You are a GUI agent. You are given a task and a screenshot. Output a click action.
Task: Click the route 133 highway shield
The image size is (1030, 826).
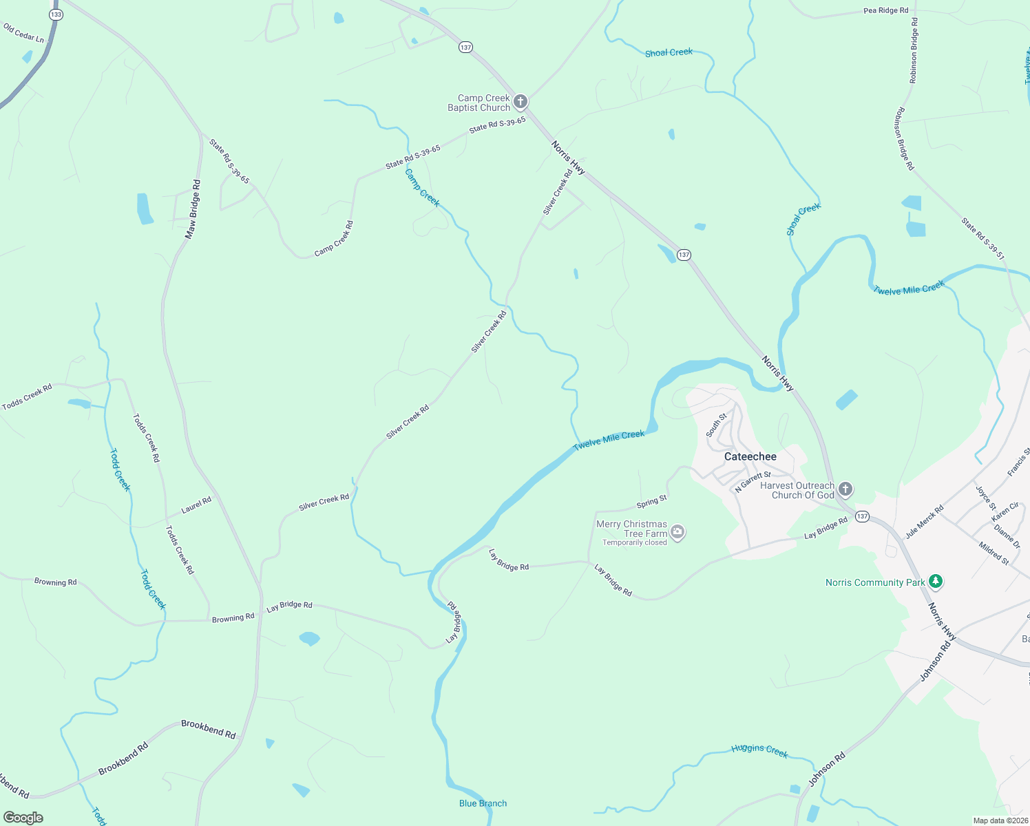[56, 14]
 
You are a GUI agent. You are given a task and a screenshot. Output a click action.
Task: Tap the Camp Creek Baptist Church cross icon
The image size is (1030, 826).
[521, 102]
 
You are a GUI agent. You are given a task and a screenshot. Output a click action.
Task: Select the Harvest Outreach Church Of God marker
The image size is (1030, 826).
[845, 489]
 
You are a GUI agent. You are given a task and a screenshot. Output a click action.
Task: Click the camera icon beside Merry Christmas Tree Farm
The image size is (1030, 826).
[677, 531]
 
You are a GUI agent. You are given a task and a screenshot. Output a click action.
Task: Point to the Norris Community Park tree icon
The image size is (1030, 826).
[935, 582]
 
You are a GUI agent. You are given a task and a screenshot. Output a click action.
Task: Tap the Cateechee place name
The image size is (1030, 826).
[750, 456]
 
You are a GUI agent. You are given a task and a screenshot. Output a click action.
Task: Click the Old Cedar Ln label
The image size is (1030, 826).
[23, 33]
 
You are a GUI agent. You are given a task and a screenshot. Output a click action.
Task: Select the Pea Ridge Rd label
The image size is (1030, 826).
[886, 10]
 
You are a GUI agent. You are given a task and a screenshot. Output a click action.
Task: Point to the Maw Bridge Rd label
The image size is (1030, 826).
[193, 209]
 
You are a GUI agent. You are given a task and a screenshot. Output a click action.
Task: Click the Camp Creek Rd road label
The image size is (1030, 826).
[334, 239]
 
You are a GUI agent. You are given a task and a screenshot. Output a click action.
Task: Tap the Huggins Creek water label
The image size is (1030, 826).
[759, 750]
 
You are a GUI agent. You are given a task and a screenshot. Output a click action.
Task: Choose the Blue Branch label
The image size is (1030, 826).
[483, 803]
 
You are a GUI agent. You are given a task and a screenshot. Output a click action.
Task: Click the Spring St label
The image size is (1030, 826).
[651, 500]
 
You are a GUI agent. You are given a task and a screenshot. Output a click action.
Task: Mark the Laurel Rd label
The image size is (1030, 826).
[196, 505]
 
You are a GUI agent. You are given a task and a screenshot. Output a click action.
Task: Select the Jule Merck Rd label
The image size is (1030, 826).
[924, 522]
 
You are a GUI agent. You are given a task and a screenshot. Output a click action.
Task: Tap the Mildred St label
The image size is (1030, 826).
[994, 553]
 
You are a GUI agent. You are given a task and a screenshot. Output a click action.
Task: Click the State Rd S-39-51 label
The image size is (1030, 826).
[983, 239]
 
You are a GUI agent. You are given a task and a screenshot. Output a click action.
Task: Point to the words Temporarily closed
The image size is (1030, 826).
[634, 542]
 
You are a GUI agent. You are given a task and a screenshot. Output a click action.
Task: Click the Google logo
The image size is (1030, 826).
[23, 818]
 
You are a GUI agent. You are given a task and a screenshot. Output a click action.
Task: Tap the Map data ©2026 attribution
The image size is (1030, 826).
[1000, 820]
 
